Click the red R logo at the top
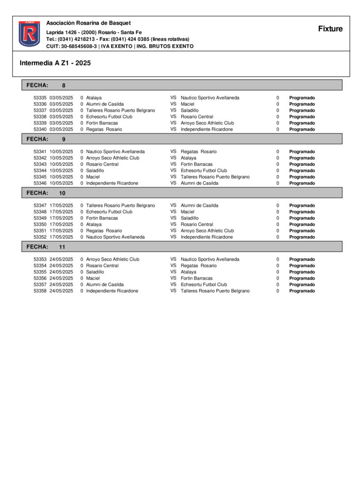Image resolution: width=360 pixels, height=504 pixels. tap(30, 34)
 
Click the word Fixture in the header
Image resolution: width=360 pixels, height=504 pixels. tap(330, 29)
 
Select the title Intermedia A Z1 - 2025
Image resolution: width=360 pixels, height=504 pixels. tap(55, 63)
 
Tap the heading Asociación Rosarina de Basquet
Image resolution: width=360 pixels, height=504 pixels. tap(89, 23)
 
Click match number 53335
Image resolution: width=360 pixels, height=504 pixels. tap(40, 98)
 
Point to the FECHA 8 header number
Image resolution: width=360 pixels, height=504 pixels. tap(63, 85)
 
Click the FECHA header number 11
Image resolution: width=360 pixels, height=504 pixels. tap(62, 247)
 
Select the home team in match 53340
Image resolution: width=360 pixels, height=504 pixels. tap(104, 129)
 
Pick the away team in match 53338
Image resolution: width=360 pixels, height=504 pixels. tap(197, 117)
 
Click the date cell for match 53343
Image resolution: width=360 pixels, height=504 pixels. tap(61, 164)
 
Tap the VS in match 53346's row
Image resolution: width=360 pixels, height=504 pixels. tap(174, 183)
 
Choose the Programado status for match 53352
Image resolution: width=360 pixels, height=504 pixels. tap(302, 237)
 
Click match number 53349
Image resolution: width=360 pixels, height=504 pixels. tap(40, 218)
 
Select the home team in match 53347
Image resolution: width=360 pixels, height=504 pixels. tap(120, 205)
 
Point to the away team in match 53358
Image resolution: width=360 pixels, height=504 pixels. tap(215, 291)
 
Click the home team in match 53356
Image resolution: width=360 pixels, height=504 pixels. tap(93, 278)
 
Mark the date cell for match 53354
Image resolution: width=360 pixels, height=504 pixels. tap(61, 266)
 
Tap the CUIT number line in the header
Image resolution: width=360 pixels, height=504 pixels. tap(120, 46)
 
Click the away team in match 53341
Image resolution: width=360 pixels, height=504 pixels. tap(199, 152)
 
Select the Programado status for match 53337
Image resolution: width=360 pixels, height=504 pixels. tap(302, 111)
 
